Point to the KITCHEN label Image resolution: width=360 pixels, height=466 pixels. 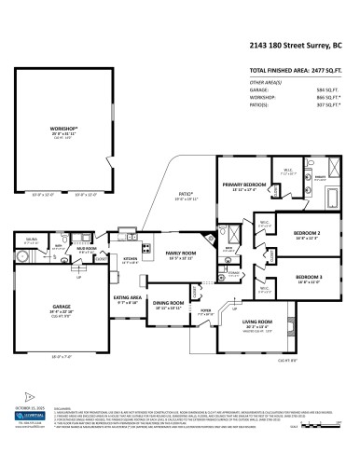(131, 259)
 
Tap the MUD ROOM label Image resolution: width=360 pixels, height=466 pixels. (87, 250)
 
